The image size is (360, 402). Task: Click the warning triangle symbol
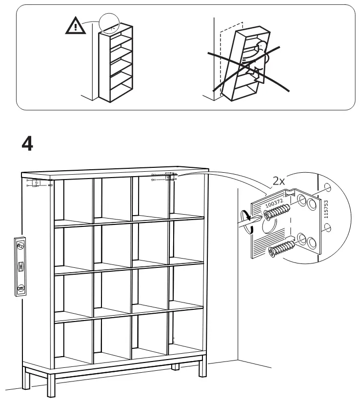(75, 26)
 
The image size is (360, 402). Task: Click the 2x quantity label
(279, 181)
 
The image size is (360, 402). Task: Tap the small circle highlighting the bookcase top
(109, 22)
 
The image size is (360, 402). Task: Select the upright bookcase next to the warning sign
(116, 63)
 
